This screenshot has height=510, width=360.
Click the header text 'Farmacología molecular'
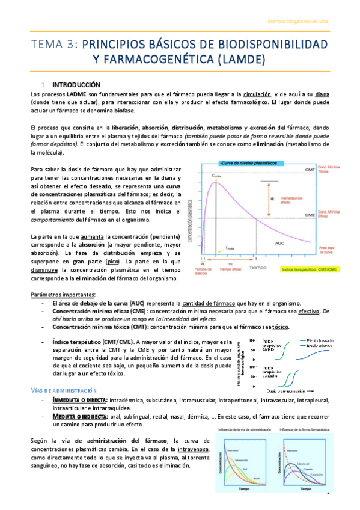(x=298, y=22)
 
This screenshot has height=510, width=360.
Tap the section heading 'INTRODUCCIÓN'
(x=76, y=85)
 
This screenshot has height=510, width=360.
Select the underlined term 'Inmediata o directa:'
(x=80, y=400)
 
